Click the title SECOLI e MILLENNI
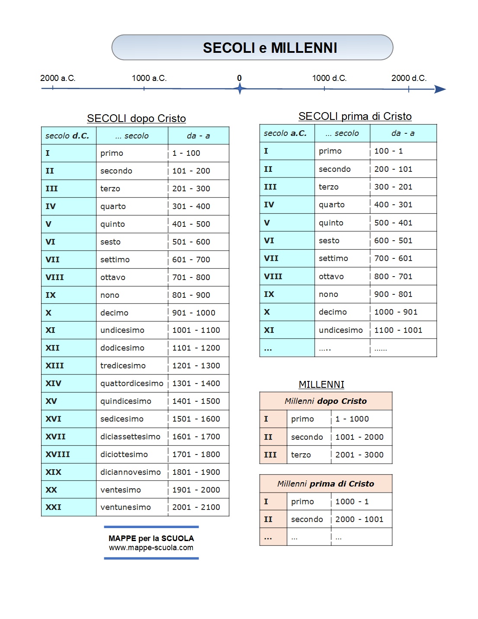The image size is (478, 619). [x=269, y=48]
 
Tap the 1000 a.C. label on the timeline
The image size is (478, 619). [x=149, y=78]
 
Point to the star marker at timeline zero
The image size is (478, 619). [x=240, y=89]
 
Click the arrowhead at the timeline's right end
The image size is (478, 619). [x=440, y=89]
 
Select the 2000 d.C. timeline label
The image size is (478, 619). [x=408, y=78]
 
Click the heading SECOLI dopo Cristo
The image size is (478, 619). [x=136, y=118]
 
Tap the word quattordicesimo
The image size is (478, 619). [x=132, y=383]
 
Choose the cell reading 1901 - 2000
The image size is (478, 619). [x=196, y=490]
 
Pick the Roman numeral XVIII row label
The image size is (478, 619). [x=58, y=454]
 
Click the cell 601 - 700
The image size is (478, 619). [x=191, y=259]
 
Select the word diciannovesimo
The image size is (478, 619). [x=131, y=472]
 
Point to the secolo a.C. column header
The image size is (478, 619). [x=285, y=133]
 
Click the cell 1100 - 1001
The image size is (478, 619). [x=398, y=330]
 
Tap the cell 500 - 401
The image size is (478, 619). [x=393, y=222]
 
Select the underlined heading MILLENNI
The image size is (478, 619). [x=321, y=384]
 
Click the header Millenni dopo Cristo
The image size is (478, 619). [x=325, y=401]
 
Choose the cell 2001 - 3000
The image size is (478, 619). [x=359, y=455]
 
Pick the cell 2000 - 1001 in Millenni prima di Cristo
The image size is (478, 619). [x=359, y=519]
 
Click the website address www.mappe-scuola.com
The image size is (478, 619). [x=151, y=548]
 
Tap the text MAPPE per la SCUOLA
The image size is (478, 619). [x=151, y=538]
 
